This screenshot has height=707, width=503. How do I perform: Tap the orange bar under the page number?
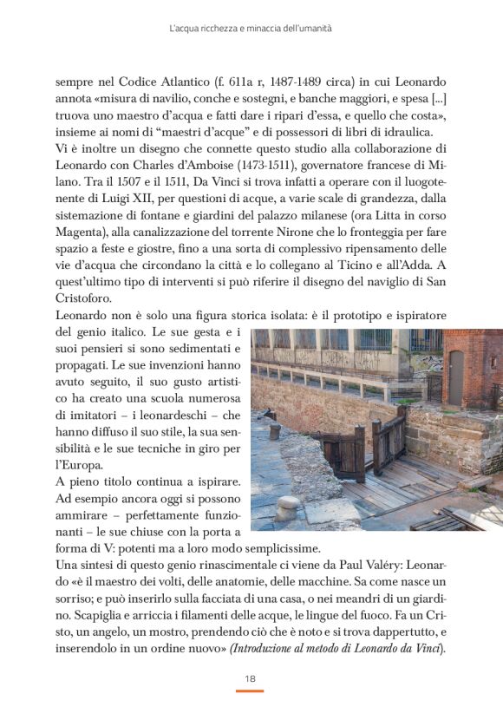[250, 691]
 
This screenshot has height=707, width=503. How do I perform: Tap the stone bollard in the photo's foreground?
[287, 507]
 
